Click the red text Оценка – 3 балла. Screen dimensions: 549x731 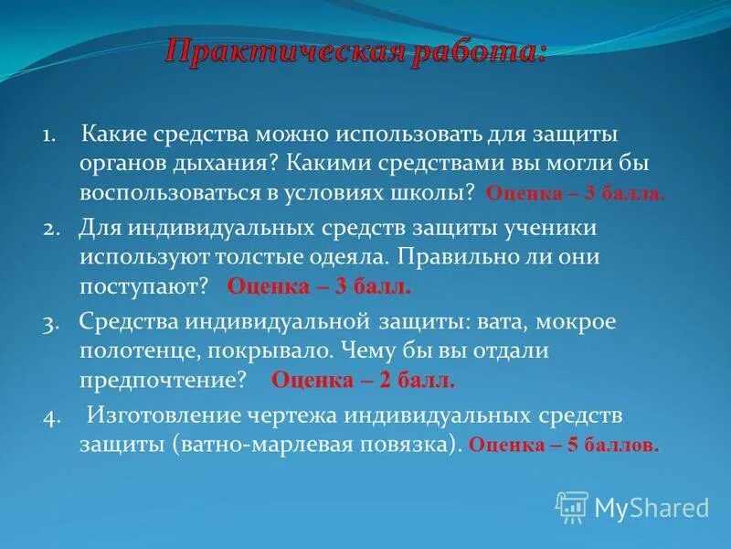click(576, 194)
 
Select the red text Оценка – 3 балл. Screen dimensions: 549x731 click(319, 286)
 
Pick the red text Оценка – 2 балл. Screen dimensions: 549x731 click(363, 379)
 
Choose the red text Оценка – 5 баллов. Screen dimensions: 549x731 click(563, 446)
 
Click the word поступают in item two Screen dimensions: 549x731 click(144, 286)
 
